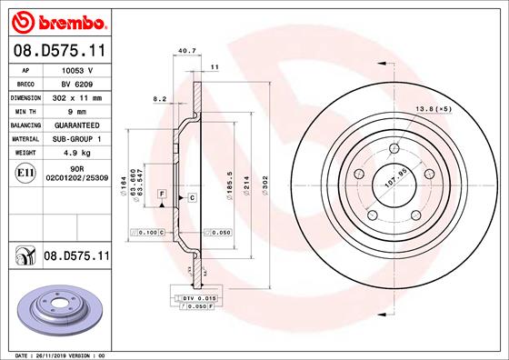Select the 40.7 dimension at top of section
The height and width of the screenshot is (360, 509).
(187, 51)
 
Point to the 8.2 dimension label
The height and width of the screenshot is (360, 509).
(159, 98)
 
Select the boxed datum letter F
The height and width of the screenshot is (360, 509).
(161, 196)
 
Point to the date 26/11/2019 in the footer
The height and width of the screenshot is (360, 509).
(62, 354)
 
